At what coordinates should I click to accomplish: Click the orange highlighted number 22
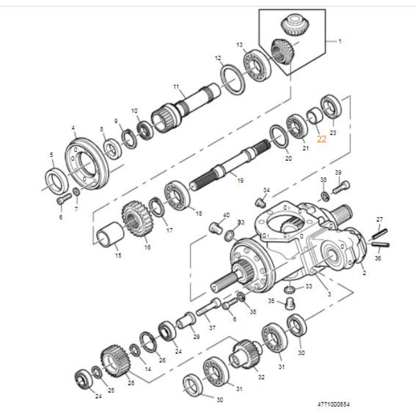pyautogui.click(x=322, y=139)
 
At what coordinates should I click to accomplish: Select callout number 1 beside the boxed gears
pyautogui.click(x=340, y=41)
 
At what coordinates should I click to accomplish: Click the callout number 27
pyautogui.click(x=379, y=219)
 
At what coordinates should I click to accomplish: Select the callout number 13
pyautogui.click(x=240, y=45)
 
